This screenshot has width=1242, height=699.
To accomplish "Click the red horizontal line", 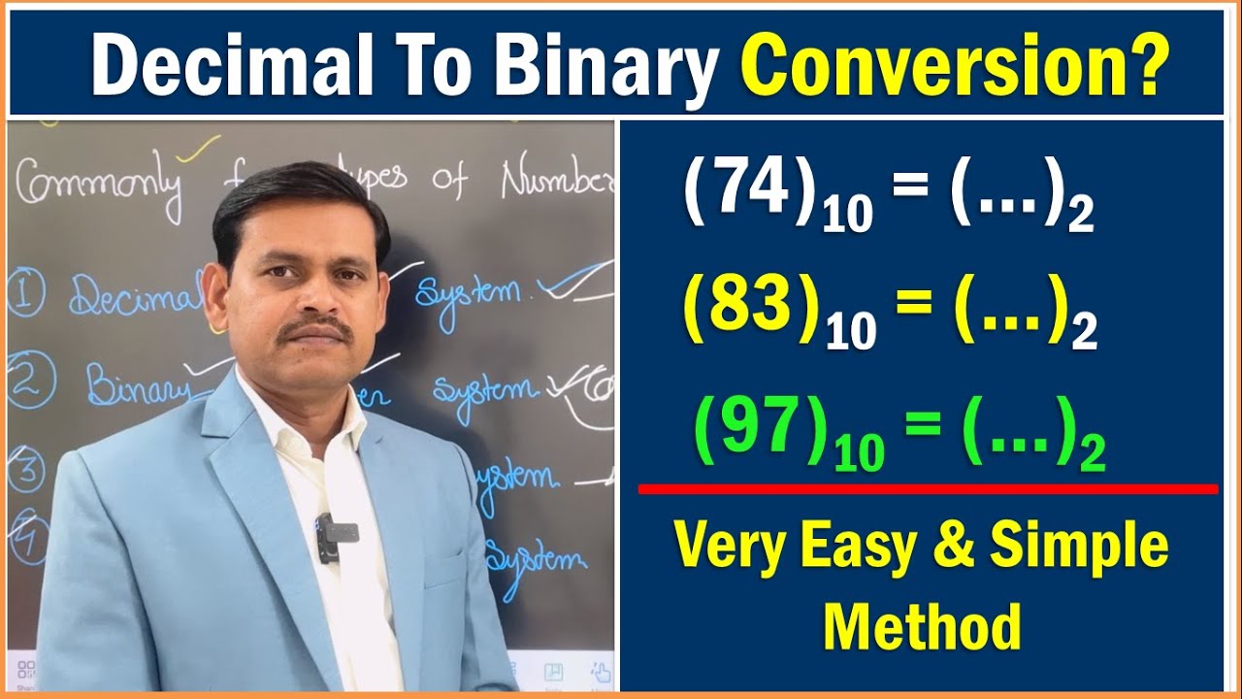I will pyautogui.click(x=927, y=489).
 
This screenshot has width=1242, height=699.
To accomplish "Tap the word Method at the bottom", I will pyautogui.click(x=922, y=626).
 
